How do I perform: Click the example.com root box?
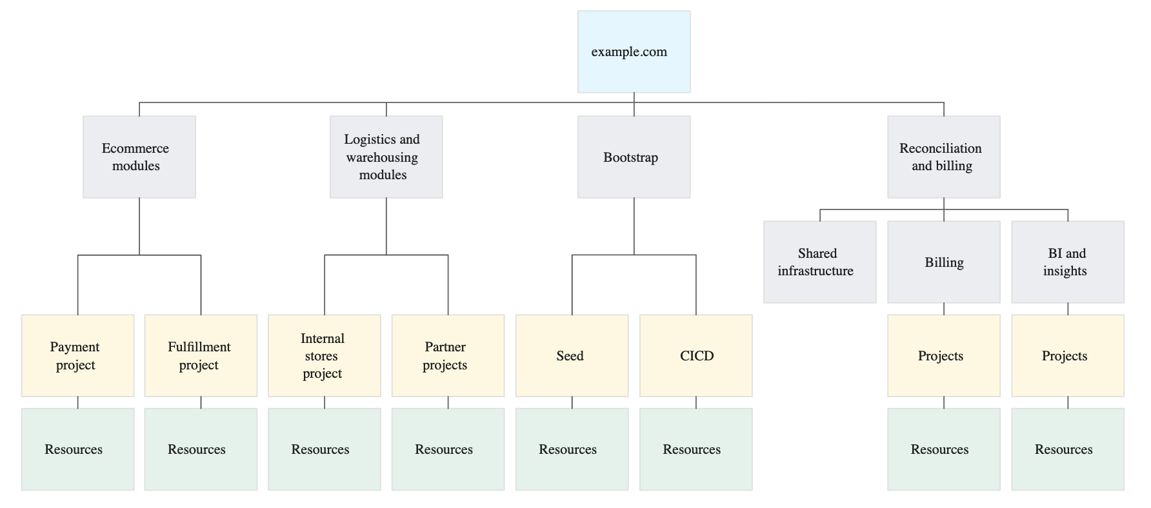(634, 52)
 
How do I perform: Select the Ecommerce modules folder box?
(139, 157)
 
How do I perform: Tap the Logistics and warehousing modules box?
(386, 157)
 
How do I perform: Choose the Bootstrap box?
(634, 157)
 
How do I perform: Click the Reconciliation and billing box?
(943, 157)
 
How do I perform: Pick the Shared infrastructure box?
(819, 262)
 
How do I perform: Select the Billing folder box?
(943, 262)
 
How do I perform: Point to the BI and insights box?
(1067, 262)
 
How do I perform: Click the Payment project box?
(77, 355)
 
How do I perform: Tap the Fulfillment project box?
(201, 355)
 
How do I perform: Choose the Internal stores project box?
(324, 355)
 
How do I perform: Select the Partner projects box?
(448, 355)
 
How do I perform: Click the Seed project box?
(572, 355)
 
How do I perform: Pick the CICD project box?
(696, 355)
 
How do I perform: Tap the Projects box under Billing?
(943, 355)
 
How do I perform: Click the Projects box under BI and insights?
(1067, 355)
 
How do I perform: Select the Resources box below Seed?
(572, 449)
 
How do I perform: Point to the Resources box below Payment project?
(77, 449)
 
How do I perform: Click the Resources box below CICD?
(696, 449)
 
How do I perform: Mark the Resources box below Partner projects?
(448, 449)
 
